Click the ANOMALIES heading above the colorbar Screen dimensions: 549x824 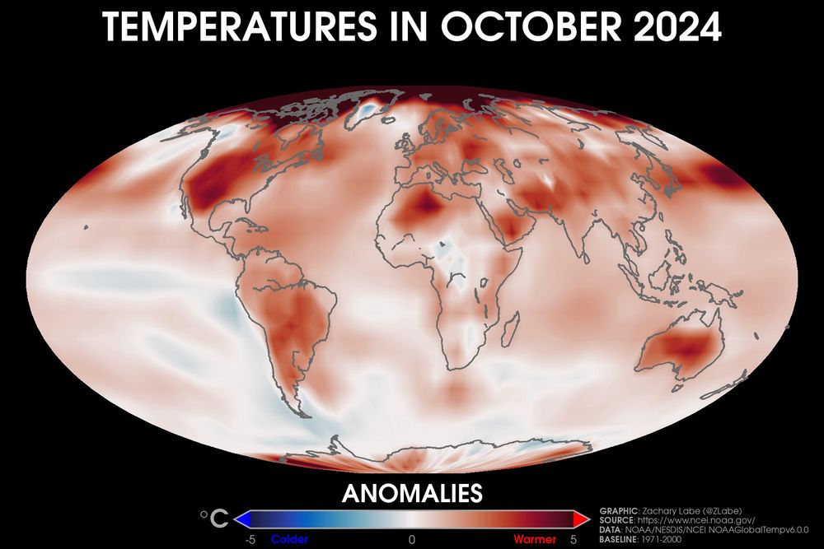(411, 493)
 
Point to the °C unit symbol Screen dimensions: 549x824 (215, 519)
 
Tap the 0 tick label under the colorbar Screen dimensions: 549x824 (411, 539)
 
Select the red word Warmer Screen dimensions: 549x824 (534, 539)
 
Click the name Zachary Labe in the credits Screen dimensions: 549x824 (666, 510)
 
